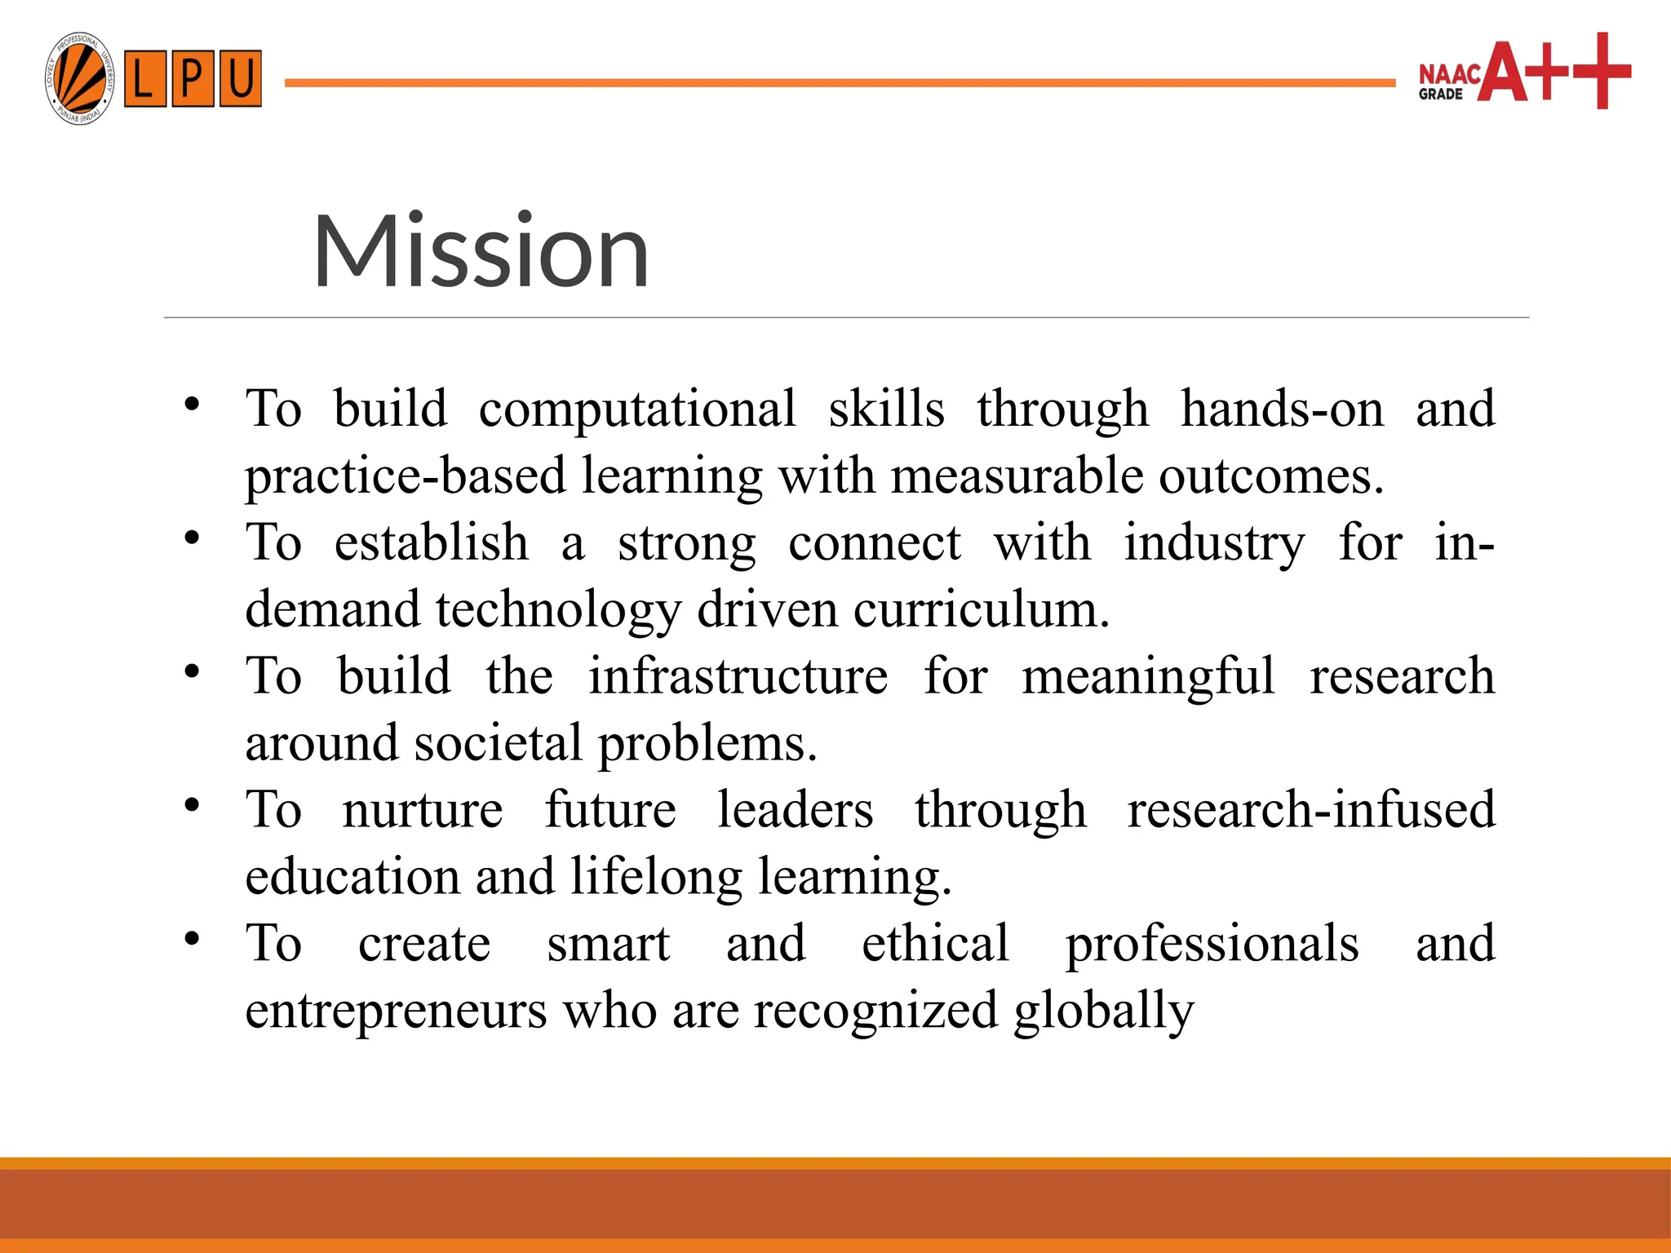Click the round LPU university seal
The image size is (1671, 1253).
pos(79,79)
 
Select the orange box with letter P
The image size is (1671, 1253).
pos(193,79)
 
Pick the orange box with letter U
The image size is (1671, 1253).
pos(240,79)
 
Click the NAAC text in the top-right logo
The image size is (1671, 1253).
pos(1449,74)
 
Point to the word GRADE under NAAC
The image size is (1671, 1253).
pos(1440,95)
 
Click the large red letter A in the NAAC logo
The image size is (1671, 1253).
pos(1504,72)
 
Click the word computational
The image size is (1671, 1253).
pos(636,409)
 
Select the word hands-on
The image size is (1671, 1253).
pos(1282,409)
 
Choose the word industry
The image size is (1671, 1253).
pos(1213,542)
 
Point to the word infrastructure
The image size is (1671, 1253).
pos(738,676)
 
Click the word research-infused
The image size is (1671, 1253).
pos(1310,810)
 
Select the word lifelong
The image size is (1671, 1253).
pos(656,877)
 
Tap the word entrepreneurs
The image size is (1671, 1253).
pos(396,1011)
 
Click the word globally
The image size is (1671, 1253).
pos(1103,1011)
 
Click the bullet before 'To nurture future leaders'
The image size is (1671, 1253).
pos(192,806)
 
